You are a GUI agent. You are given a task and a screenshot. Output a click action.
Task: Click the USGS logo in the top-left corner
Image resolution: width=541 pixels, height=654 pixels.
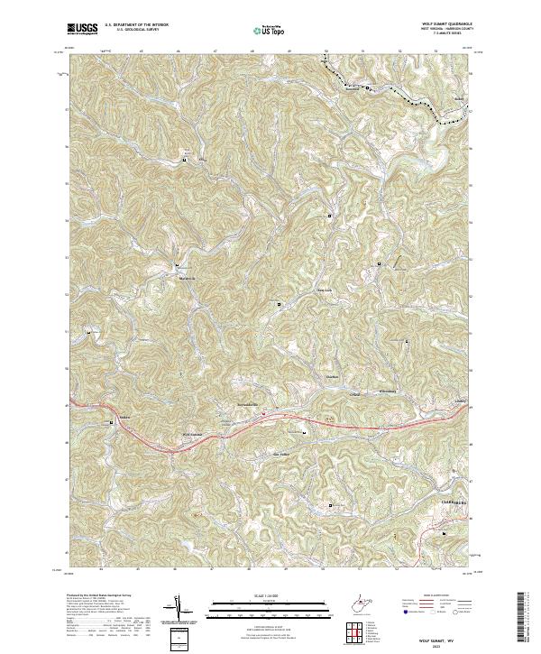tap(83, 29)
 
